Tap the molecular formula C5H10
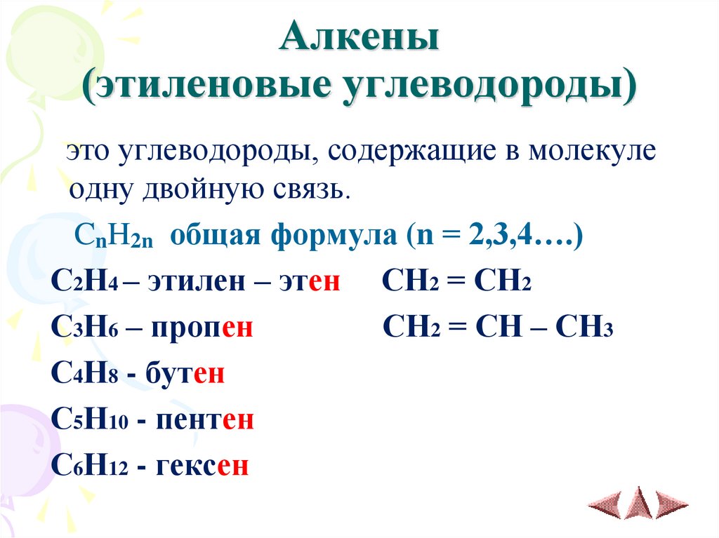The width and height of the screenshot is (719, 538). [88, 420]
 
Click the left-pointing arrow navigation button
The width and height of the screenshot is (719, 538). [604, 504]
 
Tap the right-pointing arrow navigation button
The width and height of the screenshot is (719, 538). [671, 504]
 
